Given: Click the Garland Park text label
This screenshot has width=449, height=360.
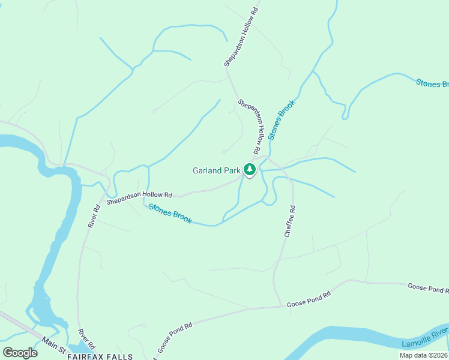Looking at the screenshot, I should point(216,171).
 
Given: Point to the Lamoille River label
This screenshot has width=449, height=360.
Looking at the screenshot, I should point(424,338).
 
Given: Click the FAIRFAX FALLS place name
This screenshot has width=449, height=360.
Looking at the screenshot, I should point(100,356).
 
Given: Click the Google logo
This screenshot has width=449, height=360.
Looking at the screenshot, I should point(20,353).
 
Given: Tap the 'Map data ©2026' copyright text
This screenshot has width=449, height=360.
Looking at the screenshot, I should point(424,355).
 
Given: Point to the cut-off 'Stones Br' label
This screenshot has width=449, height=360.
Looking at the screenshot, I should point(432,83).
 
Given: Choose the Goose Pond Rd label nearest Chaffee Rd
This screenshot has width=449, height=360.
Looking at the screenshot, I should point(309,298).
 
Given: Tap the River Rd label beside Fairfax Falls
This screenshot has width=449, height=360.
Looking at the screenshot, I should point(86,339).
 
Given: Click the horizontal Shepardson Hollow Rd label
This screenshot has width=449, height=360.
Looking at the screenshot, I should point(139,199).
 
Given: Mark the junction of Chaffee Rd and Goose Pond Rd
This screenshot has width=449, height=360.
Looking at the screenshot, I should point(282,307).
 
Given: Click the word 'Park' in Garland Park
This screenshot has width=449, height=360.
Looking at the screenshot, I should point(232,171).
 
